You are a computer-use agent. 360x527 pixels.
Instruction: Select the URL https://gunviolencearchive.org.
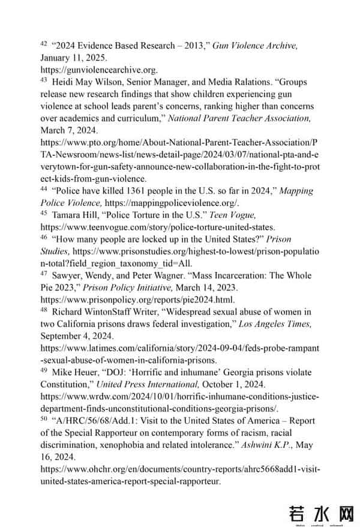coord(99,70)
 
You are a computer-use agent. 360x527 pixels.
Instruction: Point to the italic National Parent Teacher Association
coord(239,118)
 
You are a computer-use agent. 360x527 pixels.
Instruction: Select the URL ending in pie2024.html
coord(137,299)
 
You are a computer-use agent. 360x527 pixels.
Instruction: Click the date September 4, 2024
coord(76,336)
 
